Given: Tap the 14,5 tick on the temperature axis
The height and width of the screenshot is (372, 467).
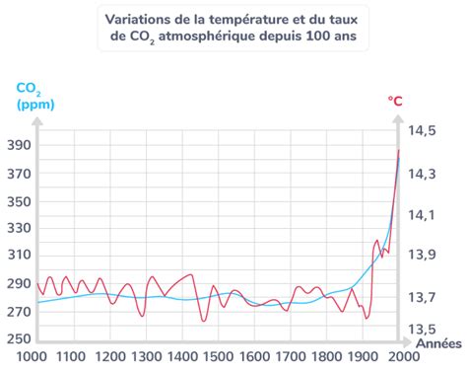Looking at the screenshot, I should tap(424, 130).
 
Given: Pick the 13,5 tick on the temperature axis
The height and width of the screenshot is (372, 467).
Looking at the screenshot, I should tap(424, 329).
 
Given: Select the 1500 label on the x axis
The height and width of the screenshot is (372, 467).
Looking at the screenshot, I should tap(217, 356).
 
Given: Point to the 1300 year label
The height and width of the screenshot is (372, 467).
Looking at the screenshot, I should tap(144, 356).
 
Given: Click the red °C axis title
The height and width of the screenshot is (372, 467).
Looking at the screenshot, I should tap(396, 100).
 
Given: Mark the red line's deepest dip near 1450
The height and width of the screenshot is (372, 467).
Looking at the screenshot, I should tap(204, 321).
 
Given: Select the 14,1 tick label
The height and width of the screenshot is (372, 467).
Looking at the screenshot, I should tap(424, 214).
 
